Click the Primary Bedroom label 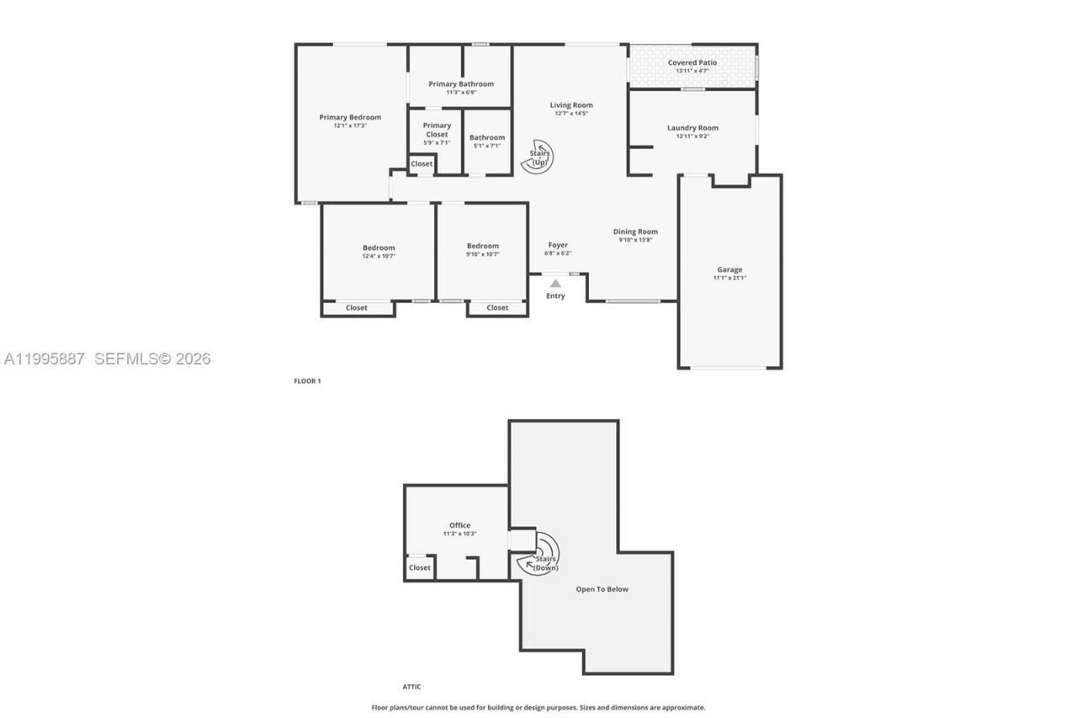(x=350, y=117)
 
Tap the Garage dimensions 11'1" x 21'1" (x=729, y=278)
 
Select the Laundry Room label (x=692, y=128)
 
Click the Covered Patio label (x=692, y=62)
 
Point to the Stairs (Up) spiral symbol (x=537, y=157)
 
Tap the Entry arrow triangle (x=555, y=285)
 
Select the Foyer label (x=558, y=245)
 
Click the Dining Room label (x=635, y=231)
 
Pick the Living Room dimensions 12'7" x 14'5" (x=571, y=114)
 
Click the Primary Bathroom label (x=461, y=83)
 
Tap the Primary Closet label (x=437, y=130)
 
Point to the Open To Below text (x=602, y=589)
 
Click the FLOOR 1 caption (x=307, y=381)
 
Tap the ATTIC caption (x=411, y=687)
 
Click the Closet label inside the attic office (x=420, y=567)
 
